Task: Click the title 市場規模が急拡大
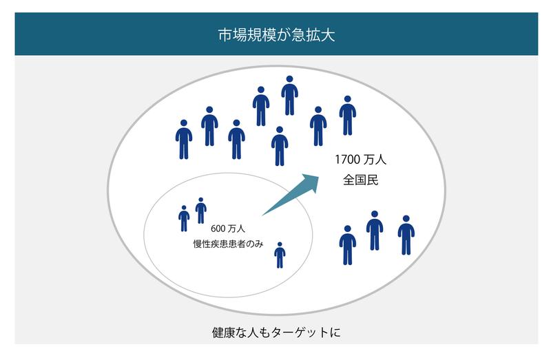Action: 276,35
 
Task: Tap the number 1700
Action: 348,160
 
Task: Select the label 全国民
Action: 360,180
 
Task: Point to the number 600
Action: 218,229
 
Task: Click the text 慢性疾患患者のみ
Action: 228,244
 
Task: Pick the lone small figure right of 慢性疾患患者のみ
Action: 280,255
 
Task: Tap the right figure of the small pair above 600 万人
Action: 200,211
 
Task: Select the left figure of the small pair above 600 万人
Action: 184,218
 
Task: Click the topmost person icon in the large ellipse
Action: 289,96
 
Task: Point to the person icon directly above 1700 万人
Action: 348,116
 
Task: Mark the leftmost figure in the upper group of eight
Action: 184,140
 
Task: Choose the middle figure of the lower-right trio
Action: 375,231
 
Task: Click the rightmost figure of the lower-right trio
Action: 406,235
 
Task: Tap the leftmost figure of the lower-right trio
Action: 348,245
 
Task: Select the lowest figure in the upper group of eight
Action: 280,146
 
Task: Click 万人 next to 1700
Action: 375,160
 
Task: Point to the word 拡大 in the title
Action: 320,35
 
